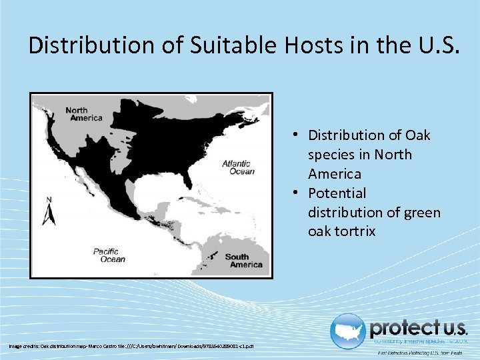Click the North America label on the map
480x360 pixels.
click(83, 114)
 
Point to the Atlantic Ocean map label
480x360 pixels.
click(237, 167)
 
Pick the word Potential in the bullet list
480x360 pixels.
click(337, 193)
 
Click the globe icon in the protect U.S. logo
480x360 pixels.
click(349, 331)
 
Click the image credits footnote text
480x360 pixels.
click(131, 345)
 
